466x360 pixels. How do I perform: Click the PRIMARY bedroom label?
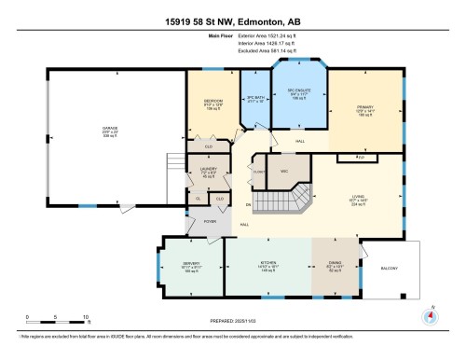point(364,108)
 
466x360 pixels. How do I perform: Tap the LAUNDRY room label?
point(208,169)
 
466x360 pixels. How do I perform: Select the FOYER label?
point(211,222)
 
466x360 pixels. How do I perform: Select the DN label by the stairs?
point(248,202)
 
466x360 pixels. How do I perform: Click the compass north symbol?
point(431,315)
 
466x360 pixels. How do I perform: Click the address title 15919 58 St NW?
point(233,8)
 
